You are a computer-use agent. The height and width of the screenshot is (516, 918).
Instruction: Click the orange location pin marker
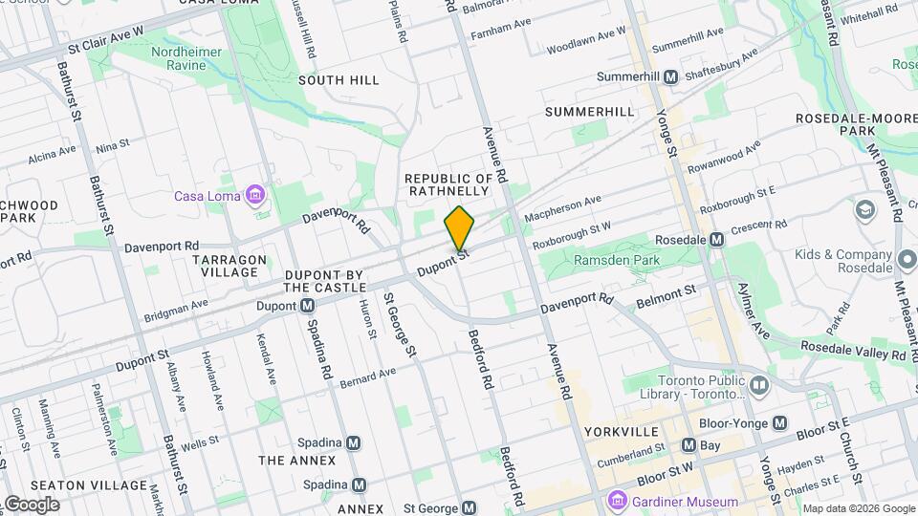460,228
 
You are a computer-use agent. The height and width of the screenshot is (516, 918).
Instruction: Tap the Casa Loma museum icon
254,196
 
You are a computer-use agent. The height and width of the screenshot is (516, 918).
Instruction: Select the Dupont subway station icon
308,306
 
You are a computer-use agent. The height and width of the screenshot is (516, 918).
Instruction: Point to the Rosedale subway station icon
716,241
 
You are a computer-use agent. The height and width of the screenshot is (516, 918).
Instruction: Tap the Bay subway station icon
688,444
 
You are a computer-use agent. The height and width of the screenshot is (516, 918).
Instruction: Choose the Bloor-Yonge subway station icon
780,422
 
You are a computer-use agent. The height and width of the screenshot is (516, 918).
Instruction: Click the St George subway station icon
469,508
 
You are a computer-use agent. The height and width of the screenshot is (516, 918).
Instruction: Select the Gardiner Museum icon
617,501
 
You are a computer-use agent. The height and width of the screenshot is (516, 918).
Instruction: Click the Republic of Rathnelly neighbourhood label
448,184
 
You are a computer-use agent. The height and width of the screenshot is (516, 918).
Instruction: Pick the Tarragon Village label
226,266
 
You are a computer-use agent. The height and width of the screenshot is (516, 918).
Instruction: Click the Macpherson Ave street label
563,210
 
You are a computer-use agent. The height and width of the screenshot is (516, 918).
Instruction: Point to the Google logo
32,505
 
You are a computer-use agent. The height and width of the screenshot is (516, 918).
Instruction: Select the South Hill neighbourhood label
339,80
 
